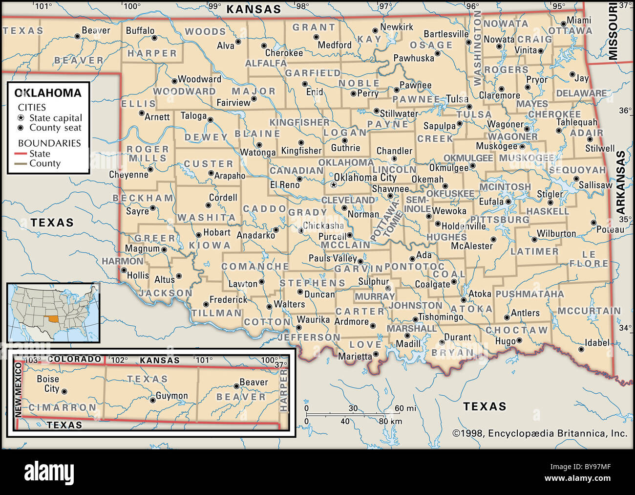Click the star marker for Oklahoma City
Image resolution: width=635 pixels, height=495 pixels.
click(334, 185)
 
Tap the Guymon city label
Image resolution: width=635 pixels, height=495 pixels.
click(172, 396)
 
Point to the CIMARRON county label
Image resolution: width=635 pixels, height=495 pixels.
click(63, 407)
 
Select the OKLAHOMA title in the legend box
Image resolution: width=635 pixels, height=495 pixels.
click(48, 93)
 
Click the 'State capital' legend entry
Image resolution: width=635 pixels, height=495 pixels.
click(55, 118)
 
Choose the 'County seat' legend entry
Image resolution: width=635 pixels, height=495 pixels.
click(55, 128)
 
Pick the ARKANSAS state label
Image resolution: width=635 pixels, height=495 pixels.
click(620, 182)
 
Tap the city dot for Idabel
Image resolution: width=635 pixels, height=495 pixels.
click(581, 349)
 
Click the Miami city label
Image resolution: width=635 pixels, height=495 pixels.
click(579, 21)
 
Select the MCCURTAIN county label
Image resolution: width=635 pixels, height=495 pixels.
click(589, 311)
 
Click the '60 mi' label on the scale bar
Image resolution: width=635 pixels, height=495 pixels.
click(405, 408)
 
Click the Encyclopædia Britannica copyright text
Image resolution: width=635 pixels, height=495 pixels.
click(540, 433)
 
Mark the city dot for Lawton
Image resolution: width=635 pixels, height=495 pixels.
click(262, 282)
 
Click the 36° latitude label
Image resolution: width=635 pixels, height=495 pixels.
click(625, 111)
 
